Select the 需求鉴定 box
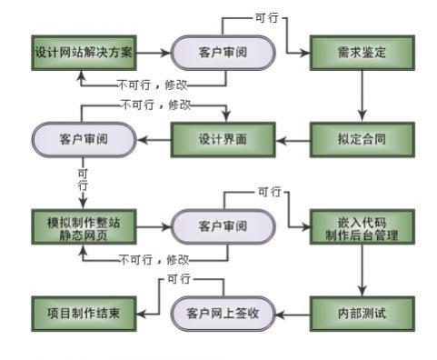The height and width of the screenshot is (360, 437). [362, 53]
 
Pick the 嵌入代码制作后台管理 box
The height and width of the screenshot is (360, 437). [362, 226]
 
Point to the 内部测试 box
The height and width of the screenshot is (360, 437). [362, 313]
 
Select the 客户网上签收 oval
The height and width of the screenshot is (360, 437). [223, 313]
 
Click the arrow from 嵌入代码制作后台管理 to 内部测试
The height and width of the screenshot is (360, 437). [362, 270]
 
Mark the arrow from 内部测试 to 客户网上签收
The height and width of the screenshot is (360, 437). [293, 313]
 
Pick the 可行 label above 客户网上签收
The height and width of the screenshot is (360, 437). [180, 278]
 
